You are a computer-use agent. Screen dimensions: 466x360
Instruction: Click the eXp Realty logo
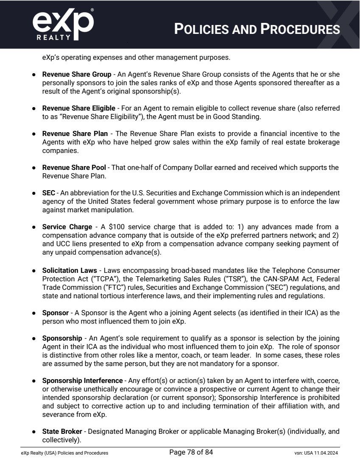tap(62, 25)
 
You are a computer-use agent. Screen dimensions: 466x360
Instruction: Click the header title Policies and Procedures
tap(257, 29)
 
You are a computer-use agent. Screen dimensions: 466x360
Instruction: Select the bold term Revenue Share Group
tap(76, 75)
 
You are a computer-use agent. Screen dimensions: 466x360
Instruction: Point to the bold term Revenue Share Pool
tap(74, 168)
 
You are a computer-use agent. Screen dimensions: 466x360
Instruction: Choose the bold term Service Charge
tap(67, 227)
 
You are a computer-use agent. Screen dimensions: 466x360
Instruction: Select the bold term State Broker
tap(62, 432)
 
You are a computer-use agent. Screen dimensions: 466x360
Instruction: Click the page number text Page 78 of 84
tap(191, 452)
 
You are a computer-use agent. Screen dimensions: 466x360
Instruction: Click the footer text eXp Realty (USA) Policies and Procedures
tap(65, 453)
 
